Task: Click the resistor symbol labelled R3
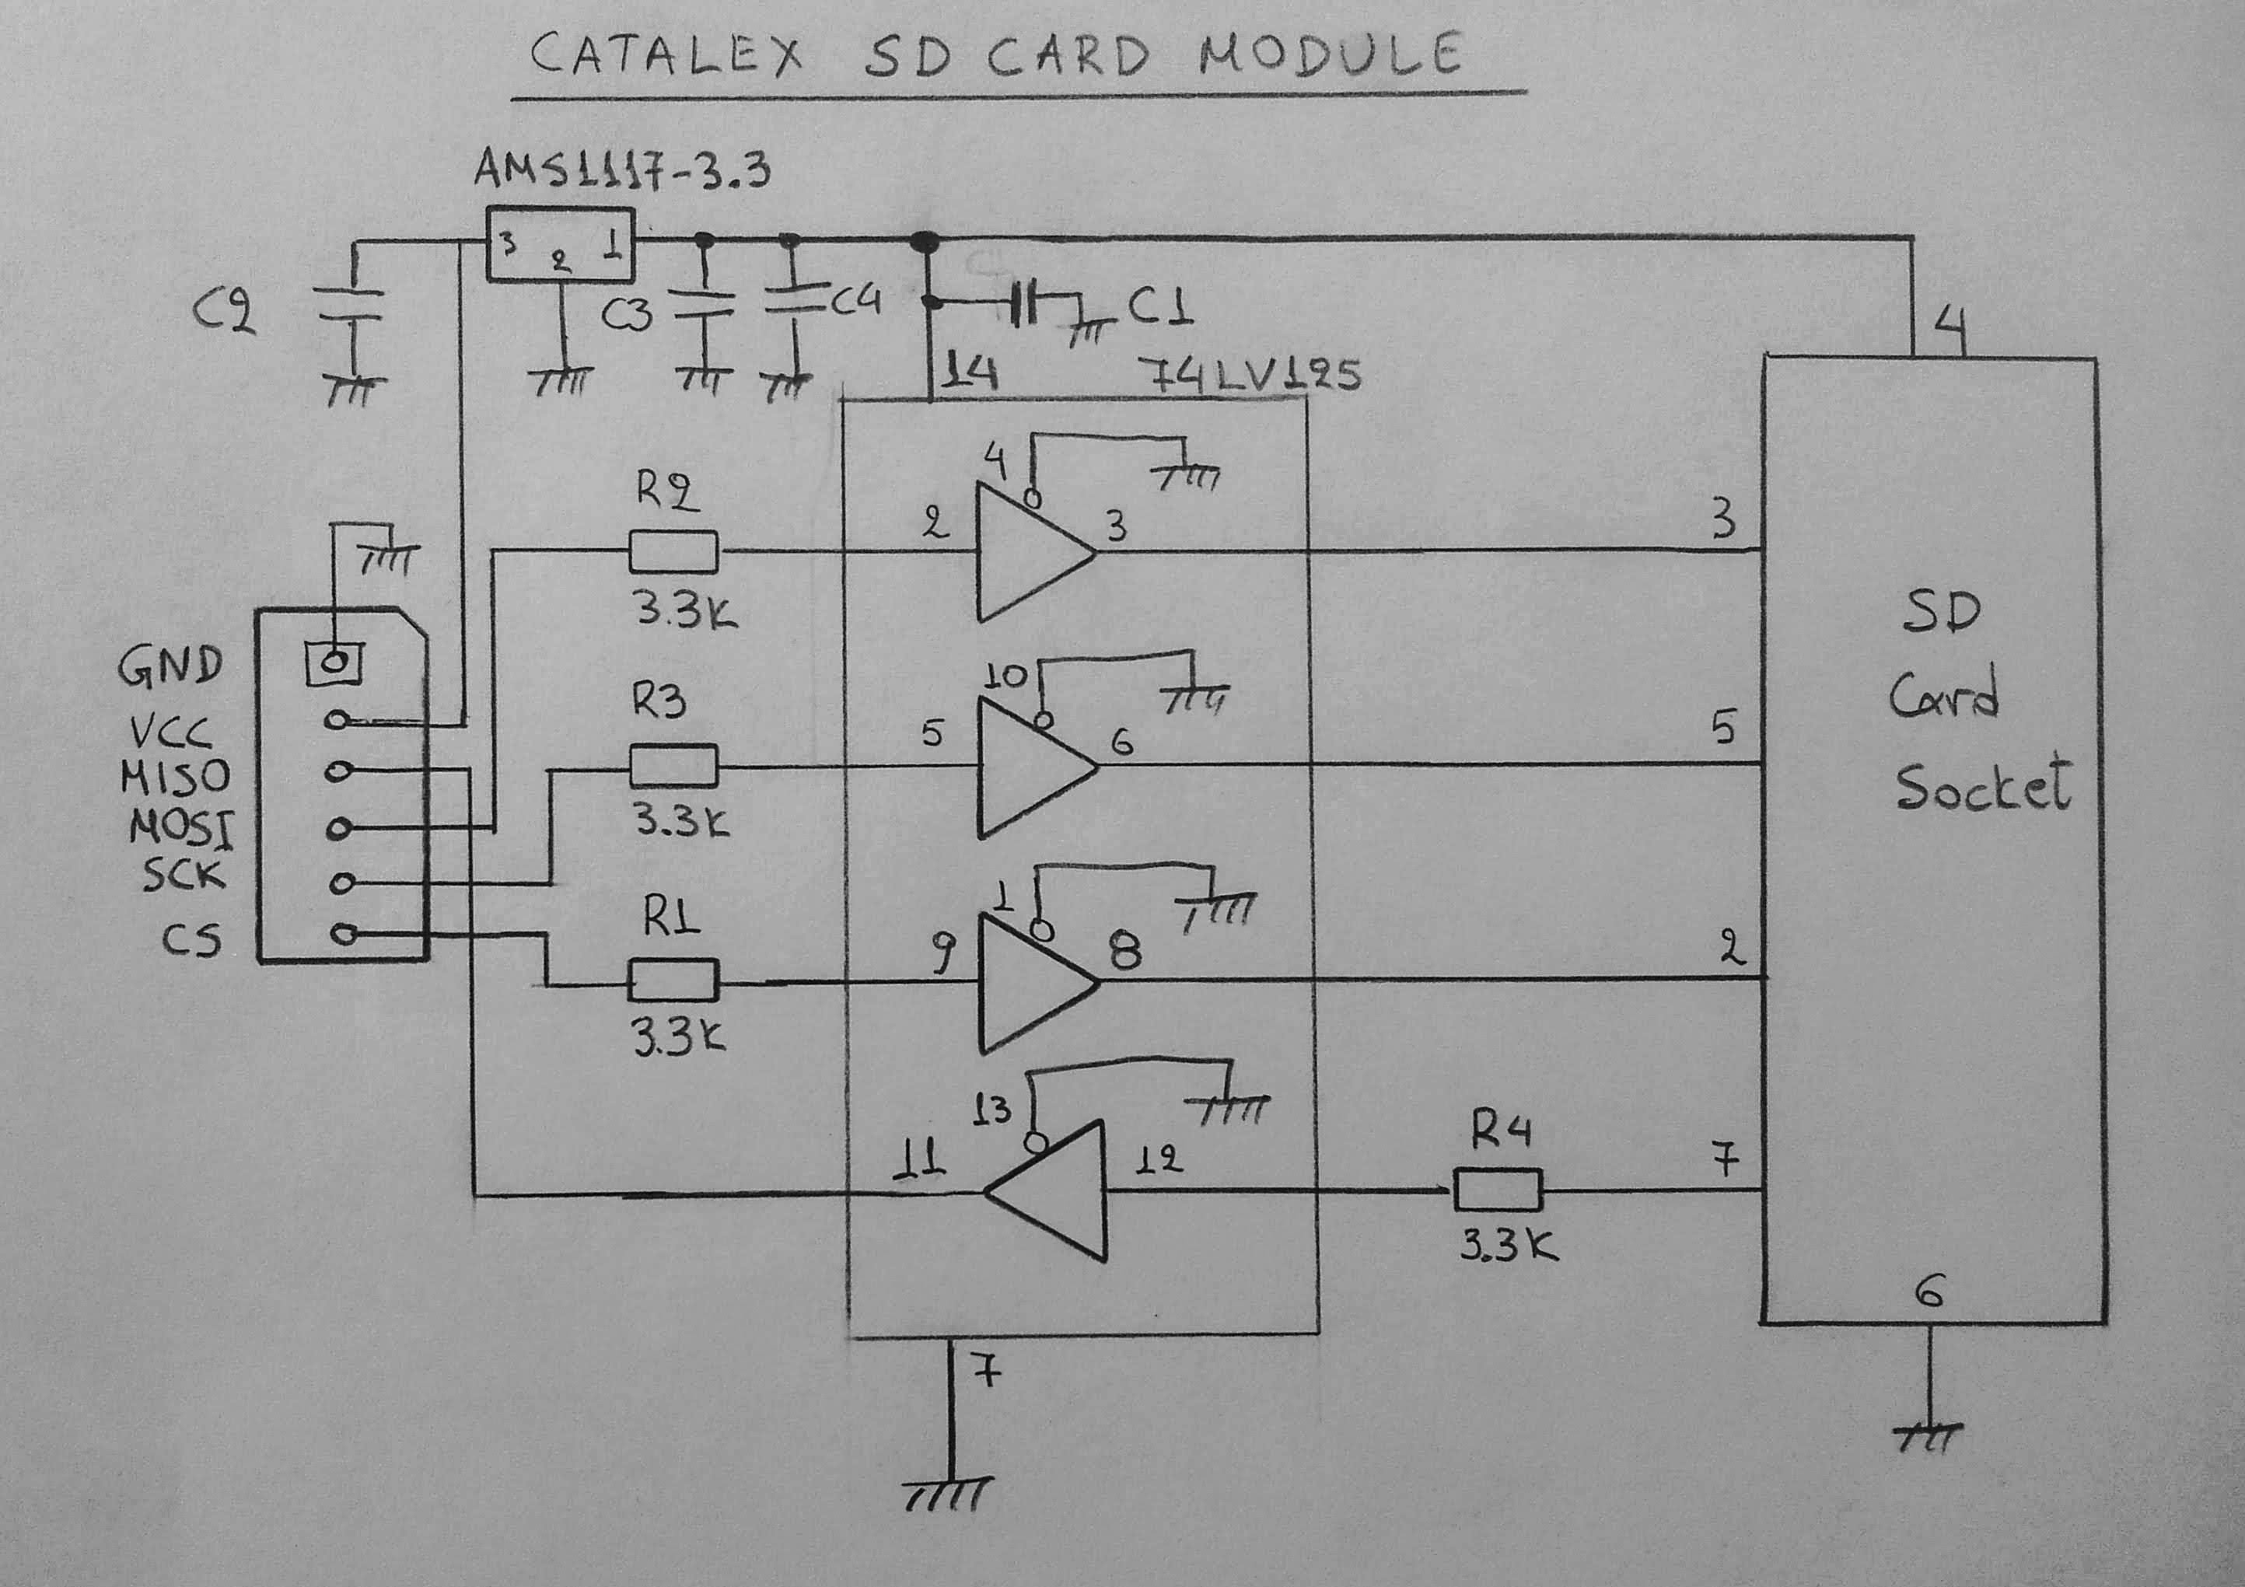point(673,766)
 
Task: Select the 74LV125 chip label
point(1249,375)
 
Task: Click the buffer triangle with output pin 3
point(1032,553)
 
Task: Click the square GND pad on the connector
point(335,663)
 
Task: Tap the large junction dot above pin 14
point(924,240)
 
